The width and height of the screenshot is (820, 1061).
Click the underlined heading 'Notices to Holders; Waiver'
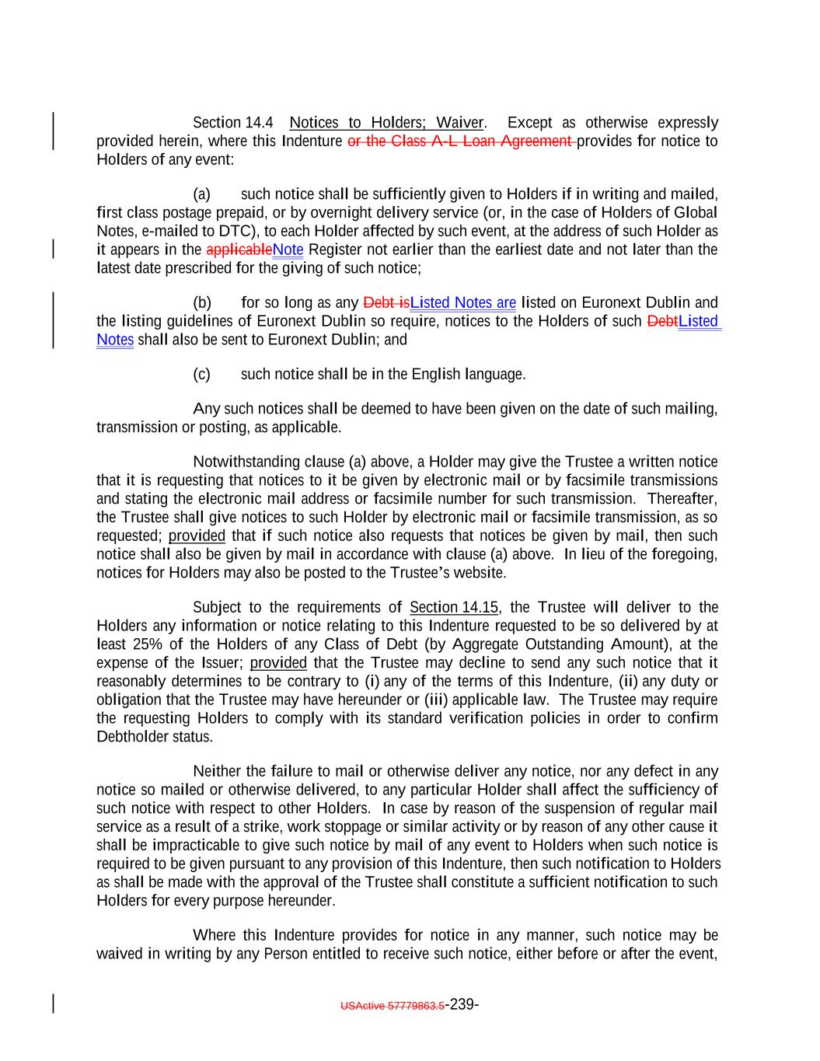pyautogui.click(x=386, y=123)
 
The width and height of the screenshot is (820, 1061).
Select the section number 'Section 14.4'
pyautogui.click(x=232, y=123)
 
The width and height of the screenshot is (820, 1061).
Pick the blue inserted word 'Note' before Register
pyautogui.click(x=288, y=250)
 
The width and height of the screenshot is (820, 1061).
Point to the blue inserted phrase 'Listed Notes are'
pyautogui.click(x=463, y=302)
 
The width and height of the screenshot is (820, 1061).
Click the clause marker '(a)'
pyautogui.click(x=201, y=194)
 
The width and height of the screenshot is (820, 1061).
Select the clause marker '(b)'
pyautogui.click(x=202, y=302)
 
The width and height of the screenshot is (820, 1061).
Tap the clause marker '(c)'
pyautogui.click(x=201, y=375)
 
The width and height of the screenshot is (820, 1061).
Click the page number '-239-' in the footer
pyautogui.click(x=462, y=1004)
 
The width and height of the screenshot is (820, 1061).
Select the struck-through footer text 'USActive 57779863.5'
pyautogui.click(x=393, y=1006)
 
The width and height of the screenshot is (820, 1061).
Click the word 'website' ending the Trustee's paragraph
pyautogui.click(x=479, y=574)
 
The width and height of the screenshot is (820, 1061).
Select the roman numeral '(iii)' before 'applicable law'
pyautogui.click(x=438, y=700)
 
